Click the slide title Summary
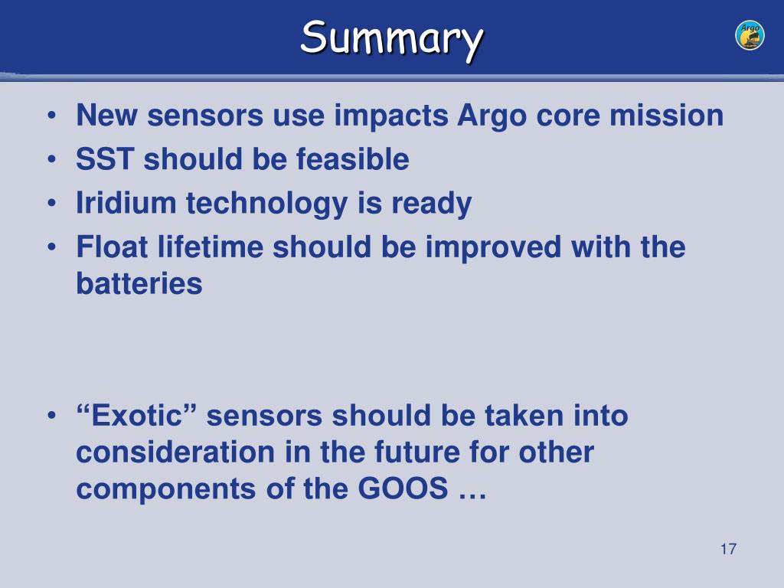tap(391, 39)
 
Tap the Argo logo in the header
tap(750, 35)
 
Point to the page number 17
tap(729, 549)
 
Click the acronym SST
tap(105, 159)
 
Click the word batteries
tap(139, 283)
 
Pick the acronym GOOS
tap(403, 488)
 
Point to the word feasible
tap(352, 159)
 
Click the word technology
tap(266, 204)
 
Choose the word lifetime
tap(211, 247)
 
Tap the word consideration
tap(175, 452)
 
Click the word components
tap(166, 489)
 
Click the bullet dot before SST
tap(51, 160)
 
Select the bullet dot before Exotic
tap(51, 416)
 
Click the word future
tap(416, 452)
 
